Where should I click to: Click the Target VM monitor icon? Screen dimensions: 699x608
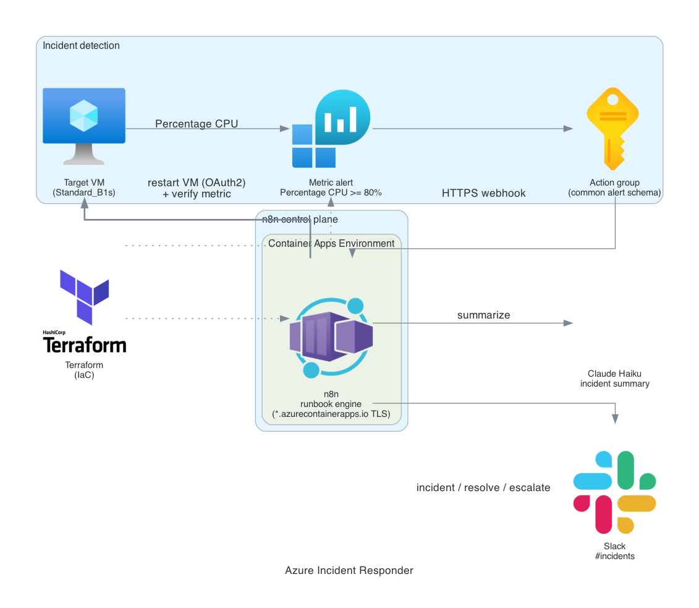[x=84, y=126]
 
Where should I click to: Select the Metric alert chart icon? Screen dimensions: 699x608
[x=331, y=129]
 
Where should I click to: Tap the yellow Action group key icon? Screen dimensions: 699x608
[x=613, y=129]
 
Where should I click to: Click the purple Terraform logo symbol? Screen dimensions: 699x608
[x=84, y=297]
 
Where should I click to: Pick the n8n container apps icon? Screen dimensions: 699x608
[x=331, y=338]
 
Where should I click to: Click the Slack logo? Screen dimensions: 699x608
[x=615, y=492]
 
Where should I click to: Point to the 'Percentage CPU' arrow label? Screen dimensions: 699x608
[x=197, y=124]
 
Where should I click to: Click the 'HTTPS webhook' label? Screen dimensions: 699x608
[x=484, y=193]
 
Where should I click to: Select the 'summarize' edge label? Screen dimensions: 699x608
[x=484, y=315]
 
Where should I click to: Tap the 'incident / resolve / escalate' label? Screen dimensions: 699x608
[x=483, y=487]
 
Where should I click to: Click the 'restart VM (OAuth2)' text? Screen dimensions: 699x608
[x=197, y=183]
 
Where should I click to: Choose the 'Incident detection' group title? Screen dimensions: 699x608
[x=81, y=46]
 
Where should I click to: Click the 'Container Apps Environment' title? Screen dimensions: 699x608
[x=331, y=243]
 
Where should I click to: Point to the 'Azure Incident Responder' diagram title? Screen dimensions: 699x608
[x=349, y=570]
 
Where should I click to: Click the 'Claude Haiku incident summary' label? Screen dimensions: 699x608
[x=615, y=379]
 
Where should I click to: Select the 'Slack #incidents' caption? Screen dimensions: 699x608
[x=615, y=551]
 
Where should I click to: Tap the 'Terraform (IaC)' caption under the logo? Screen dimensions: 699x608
[x=84, y=370]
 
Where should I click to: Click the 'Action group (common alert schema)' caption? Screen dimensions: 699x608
[x=615, y=187]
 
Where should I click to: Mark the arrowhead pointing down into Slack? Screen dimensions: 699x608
[x=615, y=418]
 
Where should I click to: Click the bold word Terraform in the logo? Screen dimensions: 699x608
[x=85, y=345]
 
